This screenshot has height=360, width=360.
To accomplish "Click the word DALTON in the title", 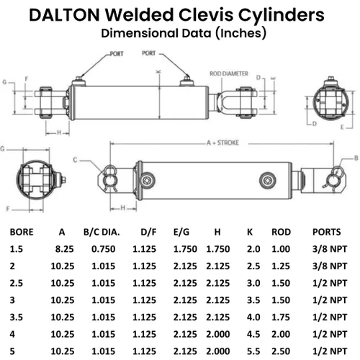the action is point(64,15).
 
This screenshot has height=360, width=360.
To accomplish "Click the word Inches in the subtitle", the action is point(242,33).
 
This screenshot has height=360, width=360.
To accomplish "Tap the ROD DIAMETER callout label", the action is point(229,73).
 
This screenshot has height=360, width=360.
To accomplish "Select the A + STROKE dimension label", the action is point(223,143).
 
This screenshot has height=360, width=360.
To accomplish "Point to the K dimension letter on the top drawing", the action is point(158,72).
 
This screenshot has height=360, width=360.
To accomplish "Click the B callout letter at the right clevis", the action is point(356,158).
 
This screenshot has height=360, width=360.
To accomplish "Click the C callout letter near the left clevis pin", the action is point(75,160).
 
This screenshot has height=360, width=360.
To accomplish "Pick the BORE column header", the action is point(22,232).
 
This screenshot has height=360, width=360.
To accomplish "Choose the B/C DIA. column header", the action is point(102,232).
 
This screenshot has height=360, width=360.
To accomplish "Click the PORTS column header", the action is point(326,232).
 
